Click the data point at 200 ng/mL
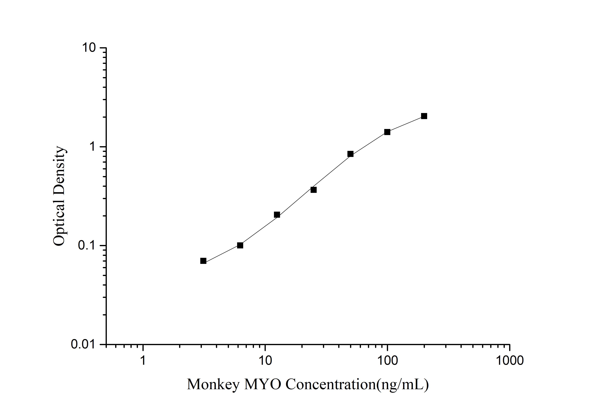click(x=424, y=116)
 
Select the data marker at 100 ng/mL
click(x=387, y=132)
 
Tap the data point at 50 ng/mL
click(x=350, y=154)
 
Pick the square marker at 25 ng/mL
click(x=314, y=190)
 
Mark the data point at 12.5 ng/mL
click(x=277, y=215)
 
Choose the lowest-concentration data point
click(x=203, y=261)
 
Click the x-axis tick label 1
click(x=143, y=361)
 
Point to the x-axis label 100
click(x=387, y=361)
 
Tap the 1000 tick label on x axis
click(x=509, y=361)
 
